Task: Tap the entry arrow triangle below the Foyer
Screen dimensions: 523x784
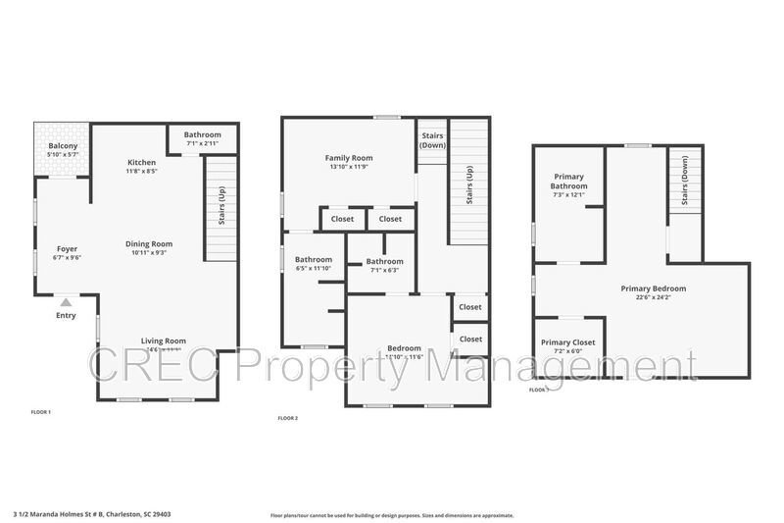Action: pyautogui.click(x=66, y=302)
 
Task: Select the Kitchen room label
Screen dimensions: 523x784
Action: pyautogui.click(x=143, y=162)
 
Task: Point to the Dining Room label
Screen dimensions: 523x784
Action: pyautogui.click(x=149, y=243)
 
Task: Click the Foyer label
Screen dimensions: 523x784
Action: pyautogui.click(x=67, y=248)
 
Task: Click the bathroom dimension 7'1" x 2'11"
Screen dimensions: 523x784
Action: pyautogui.click(x=203, y=144)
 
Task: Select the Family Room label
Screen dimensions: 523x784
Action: pyautogui.click(x=349, y=158)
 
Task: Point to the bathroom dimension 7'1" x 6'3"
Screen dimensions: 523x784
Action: pyautogui.click(x=384, y=271)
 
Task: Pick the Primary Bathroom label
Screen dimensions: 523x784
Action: pyautogui.click(x=568, y=182)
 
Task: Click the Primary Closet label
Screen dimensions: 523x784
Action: pyautogui.click(x=568, y=342)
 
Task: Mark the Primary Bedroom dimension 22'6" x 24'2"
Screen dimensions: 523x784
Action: pyautogui.click(x=653, y=298)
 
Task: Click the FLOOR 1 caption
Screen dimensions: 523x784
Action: pyautogui.click(x=40, y=412)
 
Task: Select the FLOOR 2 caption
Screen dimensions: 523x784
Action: pyautogui.click(x=288, y=419)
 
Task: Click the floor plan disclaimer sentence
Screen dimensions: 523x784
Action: pyautogui.click(x=392, y=514)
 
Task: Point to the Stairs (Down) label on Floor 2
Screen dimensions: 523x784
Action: pyautogui.click(x=432, y=140)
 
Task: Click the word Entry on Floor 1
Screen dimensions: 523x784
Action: pyautogui.click(x=66, y=315)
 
